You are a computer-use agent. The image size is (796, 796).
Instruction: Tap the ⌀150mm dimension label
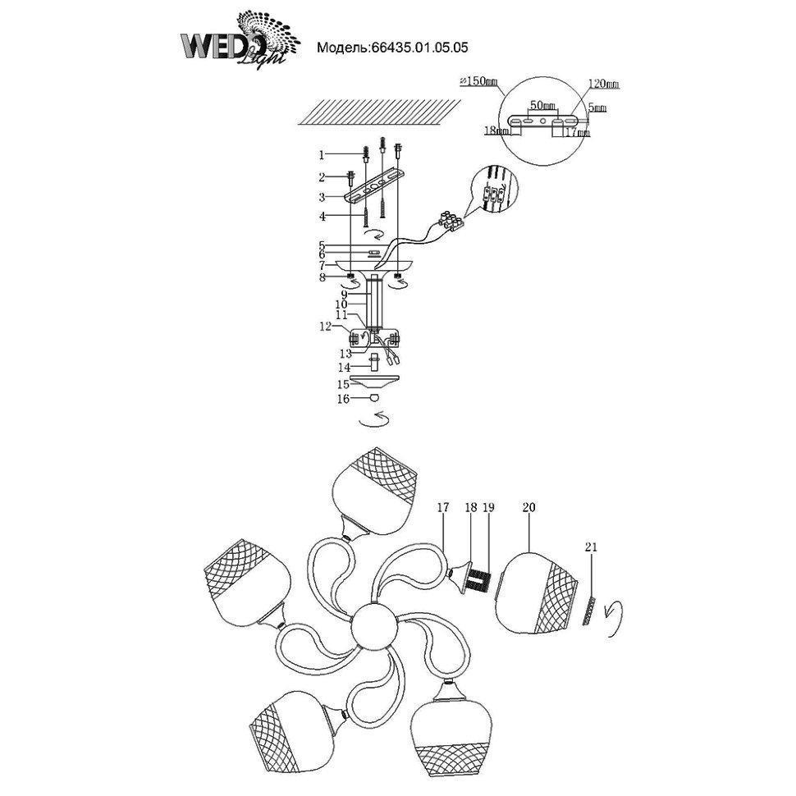coord(479,81)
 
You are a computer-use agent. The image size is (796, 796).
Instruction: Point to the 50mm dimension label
coord(542,106)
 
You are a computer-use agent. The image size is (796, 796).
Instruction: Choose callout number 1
coord(323,153)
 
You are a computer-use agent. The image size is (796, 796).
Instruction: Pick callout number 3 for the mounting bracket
coord(323,197)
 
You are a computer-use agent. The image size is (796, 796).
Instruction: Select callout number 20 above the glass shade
coord(528,508)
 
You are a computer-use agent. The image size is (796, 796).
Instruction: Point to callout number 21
coord(592,547)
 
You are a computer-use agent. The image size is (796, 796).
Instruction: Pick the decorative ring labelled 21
coord(588,609)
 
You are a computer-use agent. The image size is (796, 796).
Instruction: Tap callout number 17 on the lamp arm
coord(442,508)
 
